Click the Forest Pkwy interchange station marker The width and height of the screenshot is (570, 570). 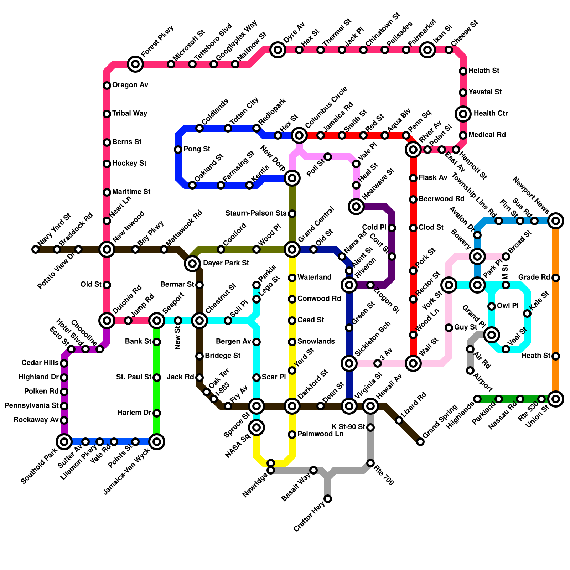135,64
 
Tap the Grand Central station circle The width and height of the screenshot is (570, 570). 292,249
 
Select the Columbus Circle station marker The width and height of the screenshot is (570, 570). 299,135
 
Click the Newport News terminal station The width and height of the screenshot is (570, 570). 556,221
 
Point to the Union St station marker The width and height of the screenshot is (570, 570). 556,399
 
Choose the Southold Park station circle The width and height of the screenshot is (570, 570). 64,442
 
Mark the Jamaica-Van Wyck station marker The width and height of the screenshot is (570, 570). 157,442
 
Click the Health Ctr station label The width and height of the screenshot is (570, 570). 491,114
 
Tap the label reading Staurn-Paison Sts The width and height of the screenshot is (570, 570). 256,213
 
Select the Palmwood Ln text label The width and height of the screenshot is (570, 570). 320,434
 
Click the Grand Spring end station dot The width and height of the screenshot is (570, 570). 420,442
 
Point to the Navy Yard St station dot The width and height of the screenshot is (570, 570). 36,249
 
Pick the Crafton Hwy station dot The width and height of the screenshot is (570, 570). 328,499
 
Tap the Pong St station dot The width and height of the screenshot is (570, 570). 178,150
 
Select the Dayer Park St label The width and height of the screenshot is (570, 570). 226,263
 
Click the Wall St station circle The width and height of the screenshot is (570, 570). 413,363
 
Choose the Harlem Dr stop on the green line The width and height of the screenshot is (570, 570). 157,413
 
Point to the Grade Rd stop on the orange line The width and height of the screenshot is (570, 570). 556,278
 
